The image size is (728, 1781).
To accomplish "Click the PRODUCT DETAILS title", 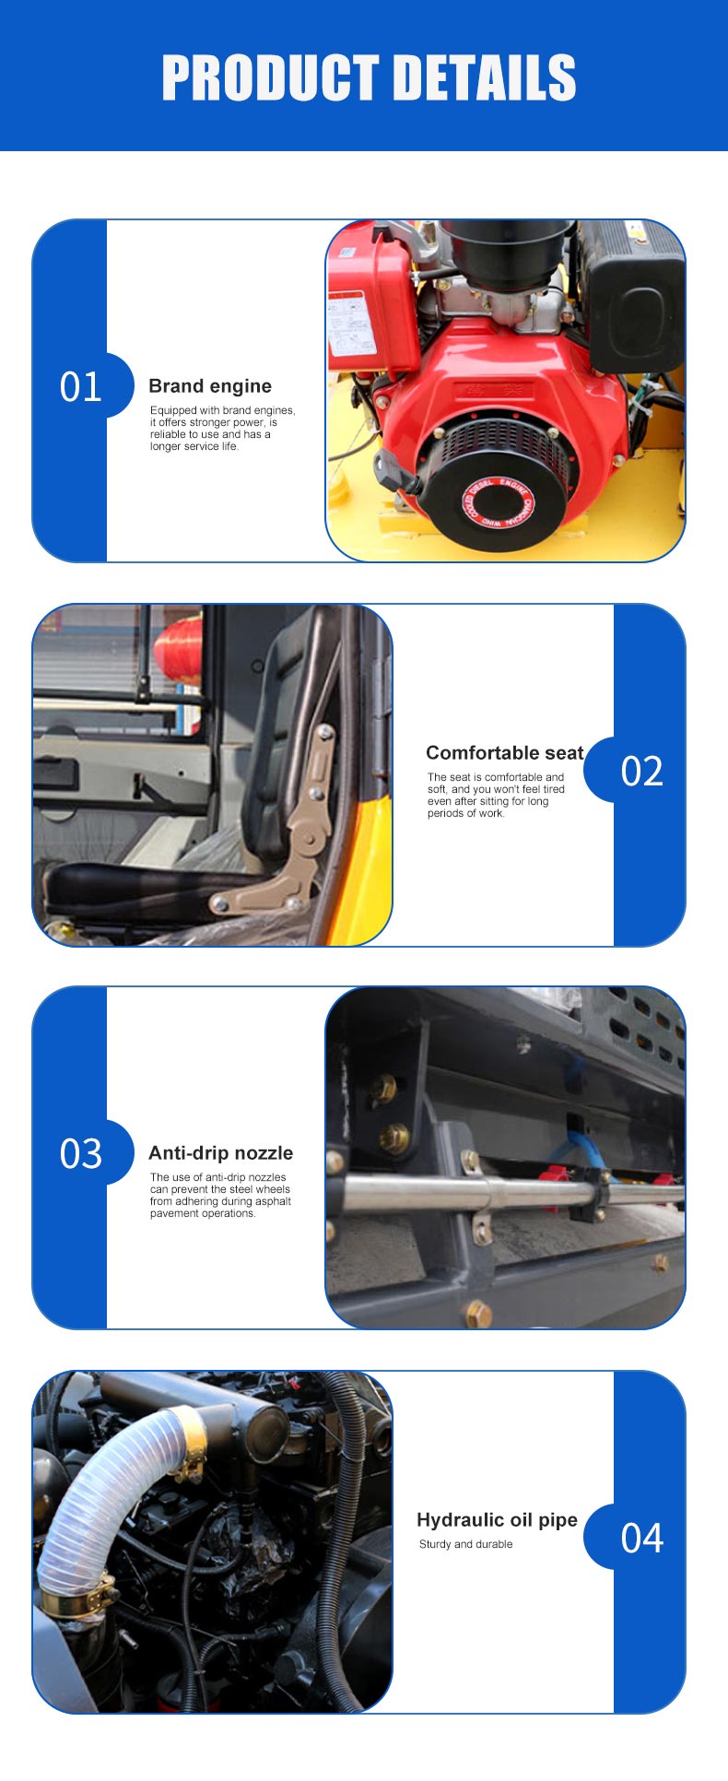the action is coord(369,77).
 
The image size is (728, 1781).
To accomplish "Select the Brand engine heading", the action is coord(210,386).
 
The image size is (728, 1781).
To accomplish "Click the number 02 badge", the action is coord(641,771).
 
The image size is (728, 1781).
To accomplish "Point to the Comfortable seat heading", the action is coord(505,752).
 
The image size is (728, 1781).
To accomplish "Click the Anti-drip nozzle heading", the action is coord(221,1152).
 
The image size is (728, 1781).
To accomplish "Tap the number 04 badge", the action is coord(641,1538).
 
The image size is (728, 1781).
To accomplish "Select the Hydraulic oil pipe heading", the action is coord(498,1520).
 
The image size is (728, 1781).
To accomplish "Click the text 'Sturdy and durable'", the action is coord(465,1544).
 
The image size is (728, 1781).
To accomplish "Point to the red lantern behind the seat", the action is coord(179,650).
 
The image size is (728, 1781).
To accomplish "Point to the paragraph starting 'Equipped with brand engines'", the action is coord(223,428).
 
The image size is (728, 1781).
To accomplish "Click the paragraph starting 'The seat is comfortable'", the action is coord(496,795).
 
